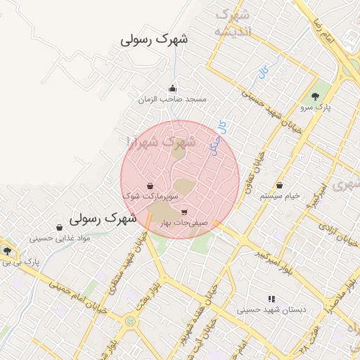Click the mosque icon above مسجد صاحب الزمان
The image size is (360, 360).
173,88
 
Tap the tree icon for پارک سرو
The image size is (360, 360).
315,97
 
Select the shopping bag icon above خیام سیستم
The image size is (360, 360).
280,186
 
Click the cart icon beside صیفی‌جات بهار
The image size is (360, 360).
184,212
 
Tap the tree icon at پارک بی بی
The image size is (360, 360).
8,250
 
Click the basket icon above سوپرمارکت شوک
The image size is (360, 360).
150,186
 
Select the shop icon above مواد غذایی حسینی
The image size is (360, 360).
59,228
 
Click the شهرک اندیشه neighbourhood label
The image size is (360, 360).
232,23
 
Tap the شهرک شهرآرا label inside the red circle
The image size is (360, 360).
162,142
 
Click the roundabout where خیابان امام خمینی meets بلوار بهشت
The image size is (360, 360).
131,321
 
